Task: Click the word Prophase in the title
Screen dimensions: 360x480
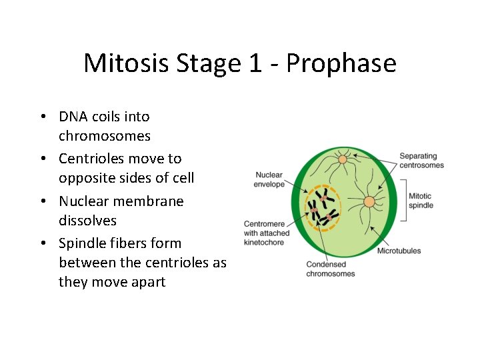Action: click(x=341, y=64)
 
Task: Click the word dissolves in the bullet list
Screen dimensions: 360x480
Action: click(x=87, y=220)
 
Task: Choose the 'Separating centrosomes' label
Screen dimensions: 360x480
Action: click(x=421, y=161)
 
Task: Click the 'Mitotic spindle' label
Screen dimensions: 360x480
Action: click(x=420, y=201)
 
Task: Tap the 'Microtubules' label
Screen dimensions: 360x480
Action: click(x=399, y=251)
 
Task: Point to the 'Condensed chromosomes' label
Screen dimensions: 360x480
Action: click(x=331, y=269)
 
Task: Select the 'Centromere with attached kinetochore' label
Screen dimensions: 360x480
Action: click(x=267, y=233)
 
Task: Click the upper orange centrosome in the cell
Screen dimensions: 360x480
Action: click(x=343, y=159)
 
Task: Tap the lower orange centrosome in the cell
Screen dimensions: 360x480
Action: click(x=369, y=201)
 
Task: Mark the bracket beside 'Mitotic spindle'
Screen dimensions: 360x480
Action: click(x=401, y=201)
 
